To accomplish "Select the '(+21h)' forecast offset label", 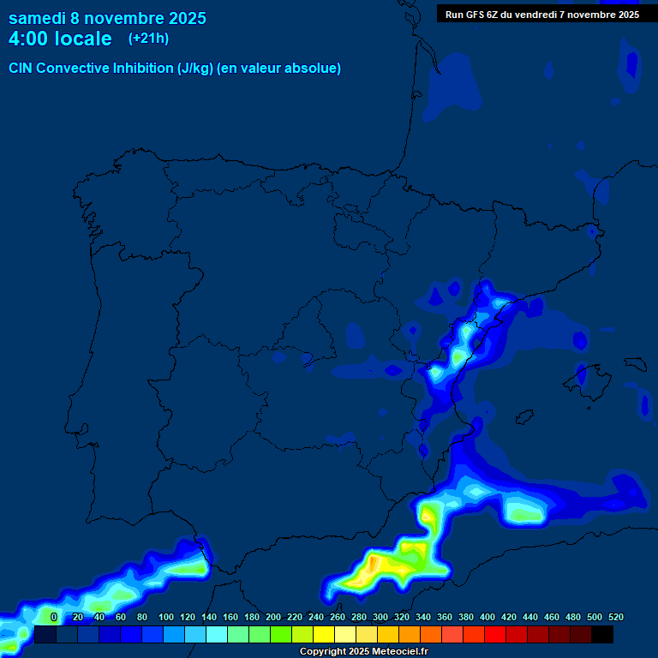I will [148, 38].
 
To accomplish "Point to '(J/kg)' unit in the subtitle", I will [195, 69].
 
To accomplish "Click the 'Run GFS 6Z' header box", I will [541, 14].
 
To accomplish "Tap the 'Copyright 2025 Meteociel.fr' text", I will [364, 651].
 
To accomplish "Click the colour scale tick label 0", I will [54, 617].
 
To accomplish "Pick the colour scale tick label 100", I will [166, 617].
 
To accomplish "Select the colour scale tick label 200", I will [273, 617].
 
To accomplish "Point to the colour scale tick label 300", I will [380, 617].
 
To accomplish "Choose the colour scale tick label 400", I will [488, 617].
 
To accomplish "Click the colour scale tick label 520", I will [615, 617].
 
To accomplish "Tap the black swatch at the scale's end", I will [602, 634].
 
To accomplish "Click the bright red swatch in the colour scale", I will [495, 634].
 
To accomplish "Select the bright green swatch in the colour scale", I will [281, 634].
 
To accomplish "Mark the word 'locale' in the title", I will [82, 39].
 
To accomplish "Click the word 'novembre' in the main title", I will [125, 18].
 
